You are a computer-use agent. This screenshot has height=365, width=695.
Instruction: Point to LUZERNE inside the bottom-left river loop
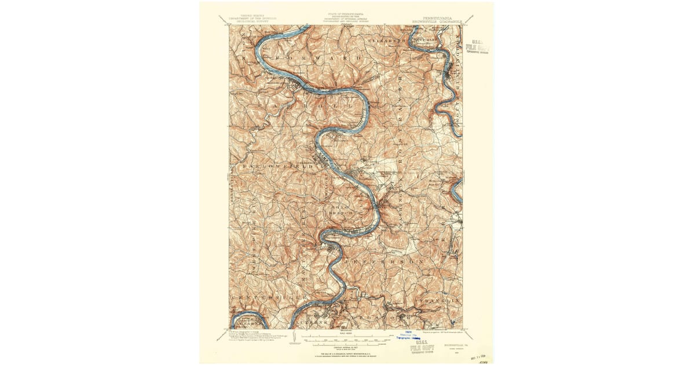(249, 320)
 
